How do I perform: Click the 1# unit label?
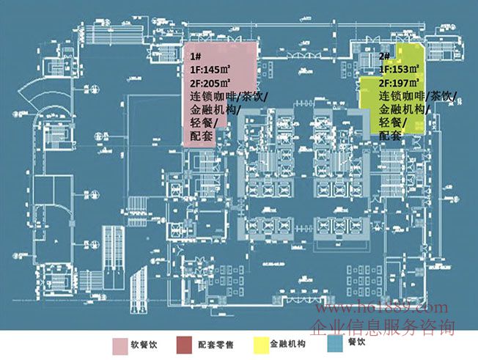coord(196,56)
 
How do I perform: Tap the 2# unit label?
coord(384,56)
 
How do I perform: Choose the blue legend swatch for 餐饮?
coord(335,345)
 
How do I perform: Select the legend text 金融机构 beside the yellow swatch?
coord(287,344)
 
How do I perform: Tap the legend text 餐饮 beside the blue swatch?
coord(357,343)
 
